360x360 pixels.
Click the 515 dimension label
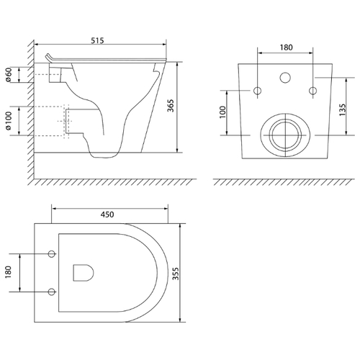coord(97,40)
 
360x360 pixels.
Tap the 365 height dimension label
coord(171,106)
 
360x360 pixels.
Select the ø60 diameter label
coord(9,75)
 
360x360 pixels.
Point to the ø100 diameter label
coord(9,121)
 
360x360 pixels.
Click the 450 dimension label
coord(107,215)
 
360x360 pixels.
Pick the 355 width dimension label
coord(176,274)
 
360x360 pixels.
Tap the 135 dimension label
coord(343,109)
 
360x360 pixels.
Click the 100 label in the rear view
coord(222,112)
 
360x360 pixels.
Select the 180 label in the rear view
coord(286,48)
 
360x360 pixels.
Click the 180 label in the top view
coord(9,272)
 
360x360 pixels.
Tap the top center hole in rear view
coord(285,78)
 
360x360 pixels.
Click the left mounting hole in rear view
coord(258,91)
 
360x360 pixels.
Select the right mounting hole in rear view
coord(312,91)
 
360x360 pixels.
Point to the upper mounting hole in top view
coord(52,253)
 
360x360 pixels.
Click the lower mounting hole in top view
coord(52,292)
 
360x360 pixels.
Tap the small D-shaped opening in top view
coord(84,273)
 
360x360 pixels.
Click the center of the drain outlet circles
coord(285,135)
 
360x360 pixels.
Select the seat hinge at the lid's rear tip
coord(48,57)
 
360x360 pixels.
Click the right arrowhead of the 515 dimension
coord(164,44)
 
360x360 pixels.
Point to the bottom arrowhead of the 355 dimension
coord(180,320)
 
